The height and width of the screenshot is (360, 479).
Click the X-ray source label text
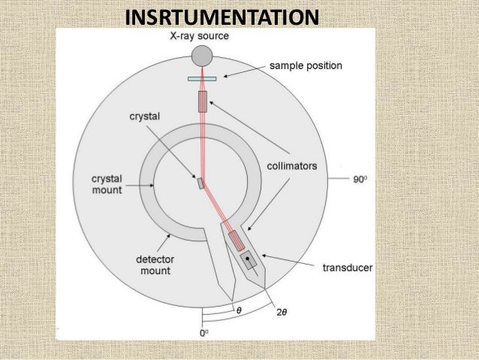pyautogui.click(x=198, y=35)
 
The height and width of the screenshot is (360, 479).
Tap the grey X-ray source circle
pyautogui.click(x=201, y=55)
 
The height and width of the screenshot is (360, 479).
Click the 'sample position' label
pyautogui.click(x=306, y=66)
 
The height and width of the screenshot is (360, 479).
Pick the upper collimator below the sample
pyautogui.click(x=202, y=101)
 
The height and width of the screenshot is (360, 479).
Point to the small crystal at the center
pyautogui.click(x=200, y=183)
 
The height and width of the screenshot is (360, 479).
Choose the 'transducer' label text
pyautogui.click(x=347, y=268)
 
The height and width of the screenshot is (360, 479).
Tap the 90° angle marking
pyautogui.click(x=362, y=180)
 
